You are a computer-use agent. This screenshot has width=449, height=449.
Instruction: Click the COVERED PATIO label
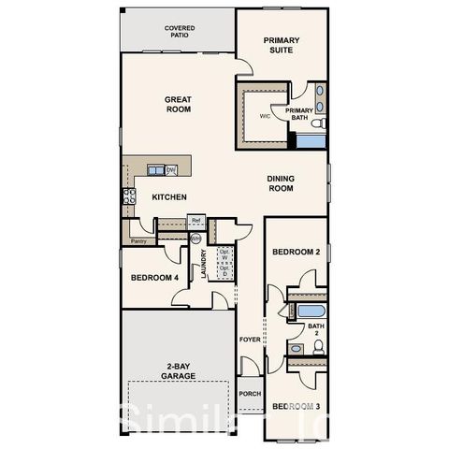[x=180, y=33]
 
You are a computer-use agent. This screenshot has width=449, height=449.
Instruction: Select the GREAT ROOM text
[x=178, y=104]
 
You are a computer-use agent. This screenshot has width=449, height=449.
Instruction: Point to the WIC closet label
[x=265, y=117]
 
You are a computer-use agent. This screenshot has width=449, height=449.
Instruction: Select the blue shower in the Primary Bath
[x=309, y=140]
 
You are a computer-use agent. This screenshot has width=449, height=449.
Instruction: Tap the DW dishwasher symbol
[x=171, y=169]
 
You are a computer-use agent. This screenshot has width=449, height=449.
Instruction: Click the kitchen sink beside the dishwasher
[x=154, y=169]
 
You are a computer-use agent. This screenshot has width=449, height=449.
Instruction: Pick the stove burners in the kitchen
[x=128, y=196]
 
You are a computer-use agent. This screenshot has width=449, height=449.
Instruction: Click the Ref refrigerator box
[x=196, y=221]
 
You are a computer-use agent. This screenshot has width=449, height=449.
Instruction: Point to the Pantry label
[x=138, y=240]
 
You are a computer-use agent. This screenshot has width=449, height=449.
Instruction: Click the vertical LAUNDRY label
[x=203, y=264]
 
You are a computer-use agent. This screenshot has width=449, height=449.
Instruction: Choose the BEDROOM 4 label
[x=154, y=278]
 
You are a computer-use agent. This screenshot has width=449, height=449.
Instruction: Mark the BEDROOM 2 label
[x=296, y=253]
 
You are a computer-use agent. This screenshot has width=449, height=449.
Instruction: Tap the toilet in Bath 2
[x=317, y=346]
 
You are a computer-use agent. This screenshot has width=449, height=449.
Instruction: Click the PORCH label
[x=250, y=394]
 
